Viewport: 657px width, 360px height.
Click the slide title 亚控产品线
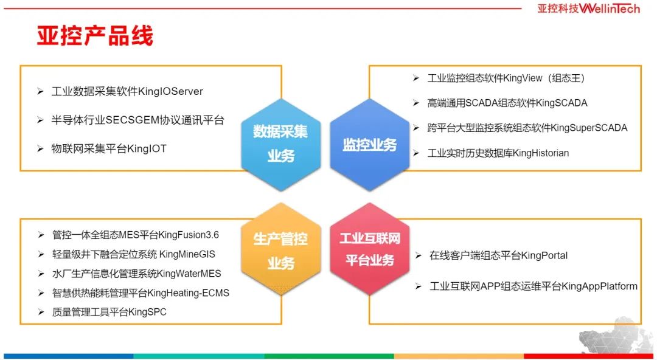95,35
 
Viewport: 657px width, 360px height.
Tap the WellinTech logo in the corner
588,9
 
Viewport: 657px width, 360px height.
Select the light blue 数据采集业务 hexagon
280,144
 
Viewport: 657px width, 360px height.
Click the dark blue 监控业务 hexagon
370,144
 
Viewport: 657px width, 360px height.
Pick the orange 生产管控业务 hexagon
280,250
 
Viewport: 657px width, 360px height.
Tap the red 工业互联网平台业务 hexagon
370,250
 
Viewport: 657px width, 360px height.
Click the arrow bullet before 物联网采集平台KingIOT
40,149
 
